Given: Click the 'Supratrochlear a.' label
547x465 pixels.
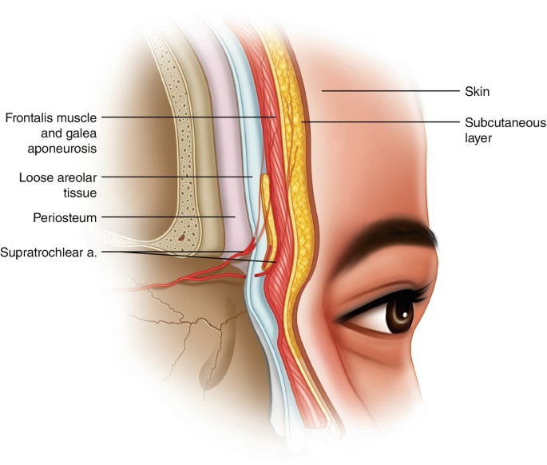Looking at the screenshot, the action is click(x=52, y=252).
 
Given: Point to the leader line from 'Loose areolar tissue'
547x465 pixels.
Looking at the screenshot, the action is click(x=176, y=176).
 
